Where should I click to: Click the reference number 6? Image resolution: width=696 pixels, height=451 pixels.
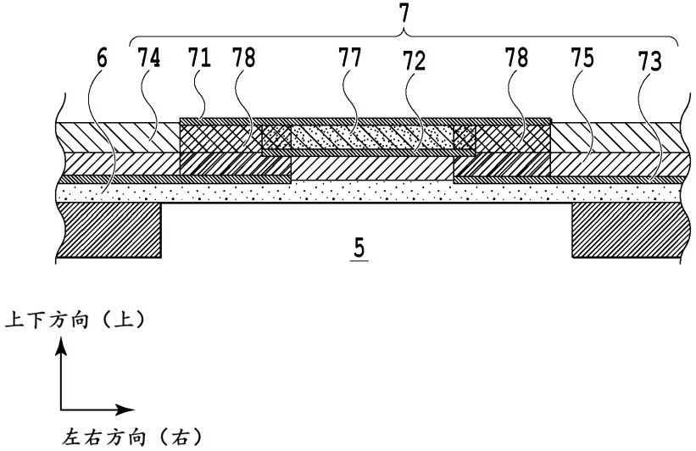[x=102, y=58]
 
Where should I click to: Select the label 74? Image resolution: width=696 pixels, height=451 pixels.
[x=148, y=58]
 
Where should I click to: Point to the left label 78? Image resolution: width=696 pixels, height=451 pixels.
[x=243, y=58]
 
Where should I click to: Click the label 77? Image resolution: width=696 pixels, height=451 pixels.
[x=349, y=58]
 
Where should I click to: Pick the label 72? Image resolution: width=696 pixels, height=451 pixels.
[x=414, y=61]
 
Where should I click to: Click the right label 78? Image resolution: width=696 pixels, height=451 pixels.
[x=516, y=58]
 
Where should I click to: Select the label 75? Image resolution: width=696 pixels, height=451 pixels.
[x=582, y=58]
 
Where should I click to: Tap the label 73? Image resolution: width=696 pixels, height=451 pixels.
[x=650, y=61]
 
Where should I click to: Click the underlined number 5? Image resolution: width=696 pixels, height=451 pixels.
[x=359, y=248]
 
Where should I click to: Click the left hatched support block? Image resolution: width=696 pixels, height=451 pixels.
[x=109, y=230]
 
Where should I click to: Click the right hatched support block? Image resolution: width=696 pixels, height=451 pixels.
[x=626, y=230]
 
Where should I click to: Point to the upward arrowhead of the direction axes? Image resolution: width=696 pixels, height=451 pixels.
[x=61, y=346]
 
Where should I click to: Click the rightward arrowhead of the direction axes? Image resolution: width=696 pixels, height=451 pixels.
[x=125, y=409]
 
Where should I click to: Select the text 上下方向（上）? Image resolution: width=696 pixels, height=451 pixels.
[x=75, y=320]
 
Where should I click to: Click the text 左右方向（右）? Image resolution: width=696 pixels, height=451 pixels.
[x=132, y=437]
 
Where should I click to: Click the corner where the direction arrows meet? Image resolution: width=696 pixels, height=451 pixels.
[x=61, y=409]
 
